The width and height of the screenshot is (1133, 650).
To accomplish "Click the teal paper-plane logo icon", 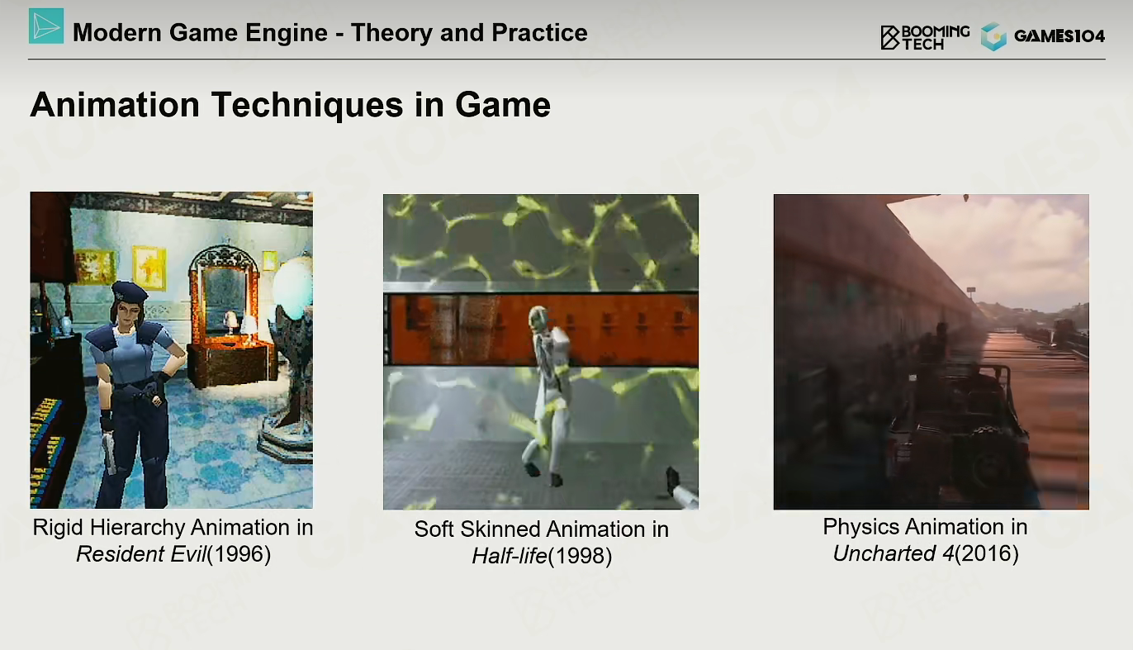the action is click(x=46, y=26).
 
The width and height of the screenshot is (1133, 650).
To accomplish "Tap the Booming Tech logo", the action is click(x=925, y=37).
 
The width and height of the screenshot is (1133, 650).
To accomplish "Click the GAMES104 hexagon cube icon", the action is click(x=993, y=36).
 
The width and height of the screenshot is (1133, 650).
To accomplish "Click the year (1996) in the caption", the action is click(x=239, y=554).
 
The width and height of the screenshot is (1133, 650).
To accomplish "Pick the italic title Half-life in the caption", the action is click(x=510, y=556).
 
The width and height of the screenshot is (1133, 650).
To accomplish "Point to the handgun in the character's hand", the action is click(x=109, y=453).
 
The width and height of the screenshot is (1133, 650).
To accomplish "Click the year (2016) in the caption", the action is click(x=987, y=553).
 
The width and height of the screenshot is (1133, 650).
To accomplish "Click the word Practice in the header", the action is click(x=540, y=33).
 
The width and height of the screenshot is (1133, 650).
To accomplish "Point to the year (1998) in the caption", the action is click(x=581, y=556).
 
